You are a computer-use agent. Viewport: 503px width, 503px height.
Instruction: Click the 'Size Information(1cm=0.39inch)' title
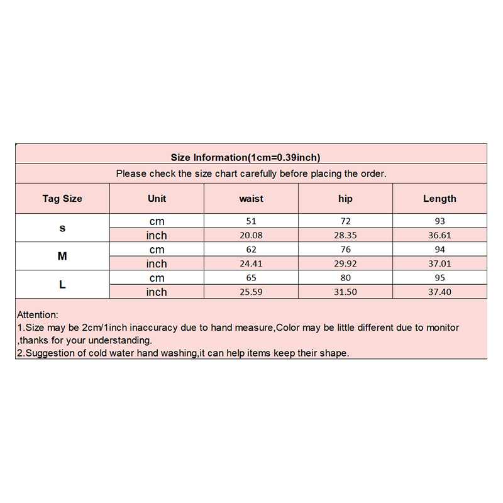coord(246,157)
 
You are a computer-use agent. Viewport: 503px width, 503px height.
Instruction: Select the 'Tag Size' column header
coord(62,199)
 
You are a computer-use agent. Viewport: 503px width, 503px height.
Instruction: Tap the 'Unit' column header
coord(157,199)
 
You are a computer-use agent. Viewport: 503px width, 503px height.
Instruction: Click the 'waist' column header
coord(251,199)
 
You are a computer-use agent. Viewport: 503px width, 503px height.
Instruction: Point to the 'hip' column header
coord(345,199)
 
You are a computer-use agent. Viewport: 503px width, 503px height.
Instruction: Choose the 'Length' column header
coord(439,199)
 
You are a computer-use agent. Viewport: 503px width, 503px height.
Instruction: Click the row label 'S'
coord(62,228)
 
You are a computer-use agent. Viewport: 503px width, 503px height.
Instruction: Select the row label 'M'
coord(62,257)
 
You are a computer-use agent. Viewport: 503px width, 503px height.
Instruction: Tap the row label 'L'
coord(62,285)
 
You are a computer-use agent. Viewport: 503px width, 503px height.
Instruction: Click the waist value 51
coord(251,221)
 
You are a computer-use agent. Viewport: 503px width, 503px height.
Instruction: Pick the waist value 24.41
coord(251,264)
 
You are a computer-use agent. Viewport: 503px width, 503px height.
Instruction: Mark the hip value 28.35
coord(345,236)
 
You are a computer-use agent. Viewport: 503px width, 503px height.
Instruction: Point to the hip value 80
coord(345,278)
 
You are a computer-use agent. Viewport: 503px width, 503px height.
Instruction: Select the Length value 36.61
coord(439,236)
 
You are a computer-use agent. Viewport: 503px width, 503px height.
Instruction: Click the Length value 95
coord(439,278)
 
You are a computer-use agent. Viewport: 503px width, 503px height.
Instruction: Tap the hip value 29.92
coord(345,264)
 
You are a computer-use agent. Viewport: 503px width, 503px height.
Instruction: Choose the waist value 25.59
coord(251,292)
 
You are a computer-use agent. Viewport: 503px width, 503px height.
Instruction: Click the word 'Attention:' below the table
coord(38,315)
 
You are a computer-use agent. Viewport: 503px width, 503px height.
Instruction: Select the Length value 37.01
coord(439,264)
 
